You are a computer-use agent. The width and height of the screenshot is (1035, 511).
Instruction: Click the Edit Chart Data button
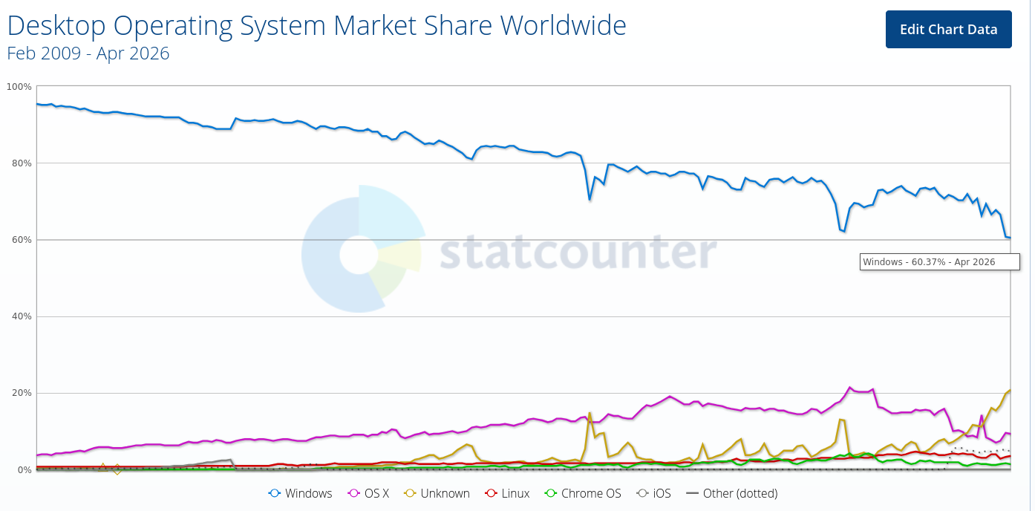(x=949, y=29)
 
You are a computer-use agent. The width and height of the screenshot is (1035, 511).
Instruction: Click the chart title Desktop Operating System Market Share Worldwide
(x=316, y=25)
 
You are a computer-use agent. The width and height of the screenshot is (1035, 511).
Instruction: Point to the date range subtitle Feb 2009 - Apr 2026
(x=88, y=53)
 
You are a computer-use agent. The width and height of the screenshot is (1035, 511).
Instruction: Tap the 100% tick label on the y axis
(x=19, y=87)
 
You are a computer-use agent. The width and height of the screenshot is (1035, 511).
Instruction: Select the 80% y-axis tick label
(x=22, y=163)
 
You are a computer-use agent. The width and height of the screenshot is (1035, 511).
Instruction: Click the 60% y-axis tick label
(x=22, y=240)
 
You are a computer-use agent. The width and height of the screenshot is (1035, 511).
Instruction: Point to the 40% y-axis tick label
(x=22, y=316)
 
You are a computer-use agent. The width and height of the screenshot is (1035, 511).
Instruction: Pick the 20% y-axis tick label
(x=22, y=393)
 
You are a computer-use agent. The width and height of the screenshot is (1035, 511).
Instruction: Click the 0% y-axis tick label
(x=24, y=470)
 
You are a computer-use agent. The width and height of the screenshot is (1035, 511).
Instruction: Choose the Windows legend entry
(x=300, y=493)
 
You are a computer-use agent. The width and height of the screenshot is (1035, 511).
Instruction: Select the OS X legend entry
(x=368, y=493)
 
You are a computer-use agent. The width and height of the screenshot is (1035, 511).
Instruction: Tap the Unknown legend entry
(x=437, y=493)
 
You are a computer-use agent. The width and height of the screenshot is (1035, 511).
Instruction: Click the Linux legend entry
(x=507, y=493)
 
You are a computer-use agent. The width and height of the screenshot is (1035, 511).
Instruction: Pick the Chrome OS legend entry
(x=583, y=493)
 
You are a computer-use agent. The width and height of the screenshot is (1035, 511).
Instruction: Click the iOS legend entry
(x=653, y=493)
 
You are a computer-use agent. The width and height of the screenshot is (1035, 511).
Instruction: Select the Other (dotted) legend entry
(x=732, y=493)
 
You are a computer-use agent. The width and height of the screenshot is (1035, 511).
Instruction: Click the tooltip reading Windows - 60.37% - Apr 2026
(x=939, y=262)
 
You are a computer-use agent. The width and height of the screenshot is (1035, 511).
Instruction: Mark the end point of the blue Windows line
(x=1010, y=238)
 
